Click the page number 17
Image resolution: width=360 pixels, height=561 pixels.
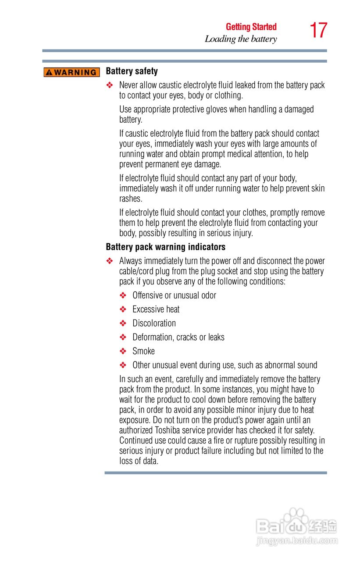(318, 31)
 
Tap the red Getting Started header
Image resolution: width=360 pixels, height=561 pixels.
(251, 27)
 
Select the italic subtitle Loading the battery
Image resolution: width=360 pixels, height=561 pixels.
(241, 39)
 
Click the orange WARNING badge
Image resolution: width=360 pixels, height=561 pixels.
(72, 72)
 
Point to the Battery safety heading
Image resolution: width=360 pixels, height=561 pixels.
(132, 71)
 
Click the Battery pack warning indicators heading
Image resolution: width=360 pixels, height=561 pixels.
(166, 247)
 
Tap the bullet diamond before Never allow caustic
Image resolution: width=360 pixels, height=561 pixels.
(110, 85)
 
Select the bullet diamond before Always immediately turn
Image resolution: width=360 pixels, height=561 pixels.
(110, 261)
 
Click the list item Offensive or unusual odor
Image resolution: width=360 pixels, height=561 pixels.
(174, 295)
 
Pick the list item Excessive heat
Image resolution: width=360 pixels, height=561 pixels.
(156, 309)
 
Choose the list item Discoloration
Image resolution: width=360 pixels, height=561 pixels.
(154, 323)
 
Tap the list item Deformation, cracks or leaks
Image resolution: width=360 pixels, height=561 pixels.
(178, 337)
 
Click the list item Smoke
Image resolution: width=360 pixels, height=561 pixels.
(143, 351)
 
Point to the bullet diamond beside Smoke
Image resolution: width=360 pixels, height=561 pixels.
(123, 352)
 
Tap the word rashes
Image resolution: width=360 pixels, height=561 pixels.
(131, 199)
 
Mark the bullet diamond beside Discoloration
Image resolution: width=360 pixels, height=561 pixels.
(123, 323)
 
